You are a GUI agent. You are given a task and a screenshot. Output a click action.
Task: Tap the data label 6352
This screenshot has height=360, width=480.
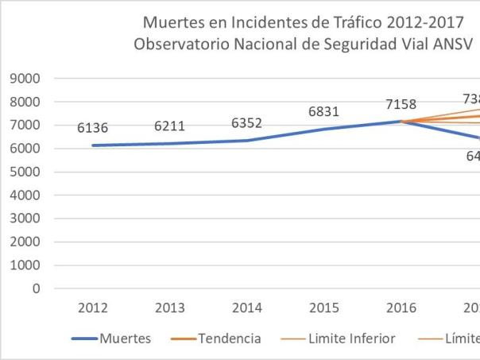tap(247, 122)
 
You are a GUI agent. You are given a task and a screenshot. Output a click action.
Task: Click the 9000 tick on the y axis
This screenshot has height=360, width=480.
tap(26, 79)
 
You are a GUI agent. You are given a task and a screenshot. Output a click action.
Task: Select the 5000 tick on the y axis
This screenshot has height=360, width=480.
tap(26, 172)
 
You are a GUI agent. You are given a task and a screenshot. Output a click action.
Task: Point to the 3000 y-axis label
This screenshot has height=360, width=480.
tap(26, 219)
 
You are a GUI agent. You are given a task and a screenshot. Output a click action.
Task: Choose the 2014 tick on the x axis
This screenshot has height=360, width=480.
tap(247, 308)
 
